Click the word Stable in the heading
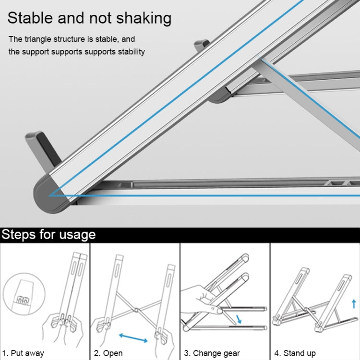(30, 18)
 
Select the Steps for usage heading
(48, 235)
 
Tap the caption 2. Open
(109, 353)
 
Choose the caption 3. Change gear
(213, 353)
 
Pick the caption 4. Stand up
(295, 353)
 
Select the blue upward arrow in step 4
(354, 303)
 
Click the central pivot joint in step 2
(136, 311)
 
